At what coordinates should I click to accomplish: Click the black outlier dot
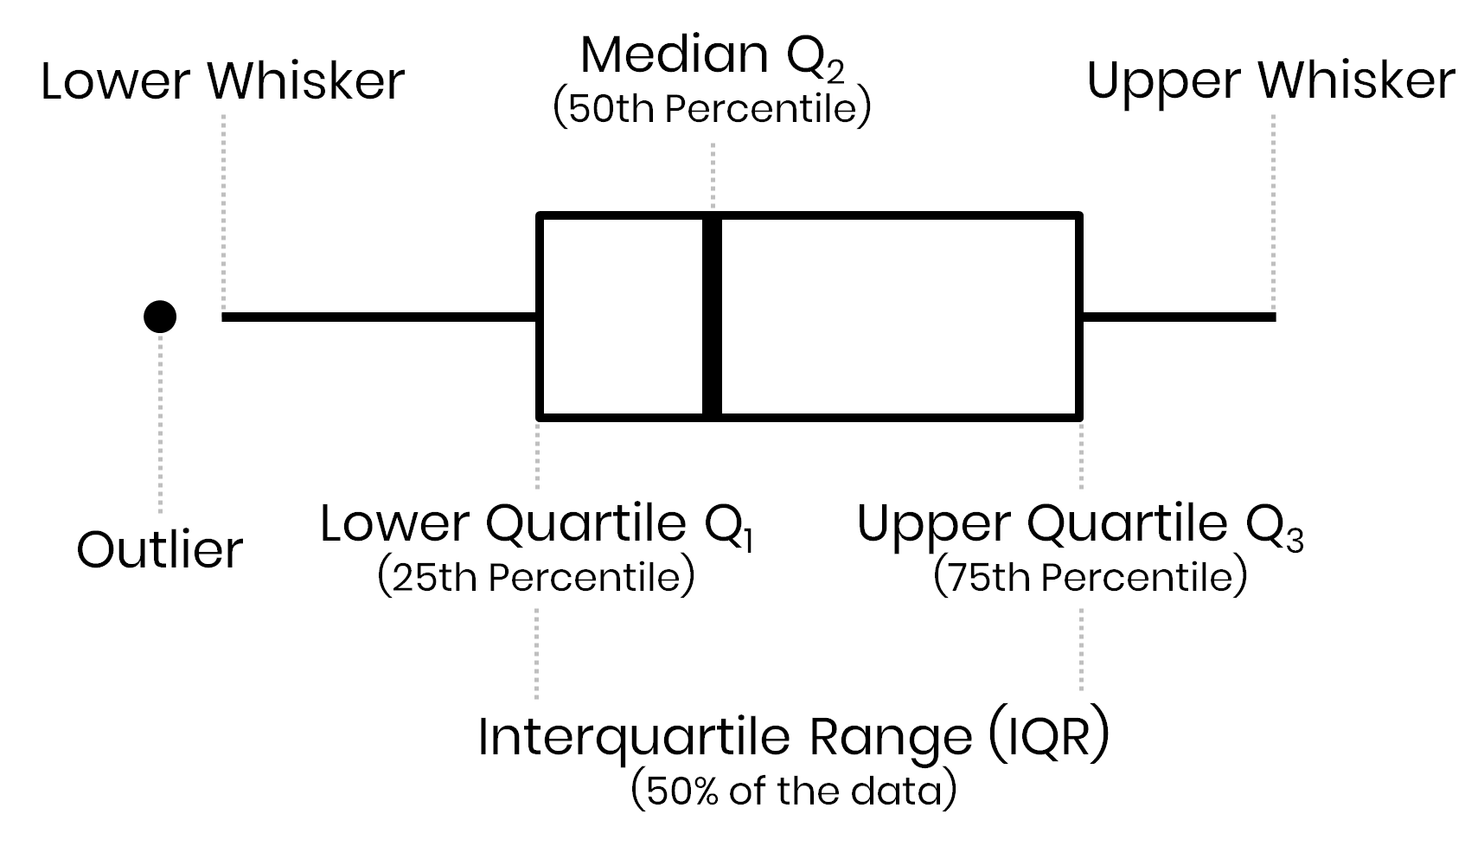pos(160,317)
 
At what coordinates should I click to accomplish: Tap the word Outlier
pos(160,550)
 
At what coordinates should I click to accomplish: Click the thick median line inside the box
pos(713,317)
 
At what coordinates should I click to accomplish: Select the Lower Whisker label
pos(222,81)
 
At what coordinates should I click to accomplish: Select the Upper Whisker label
pos(1270,81)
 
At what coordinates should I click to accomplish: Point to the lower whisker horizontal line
pos(379,317)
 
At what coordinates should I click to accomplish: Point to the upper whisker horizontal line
pos(1178,317)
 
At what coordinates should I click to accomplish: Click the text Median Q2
pos(712,55)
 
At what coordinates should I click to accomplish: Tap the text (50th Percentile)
pos(712,110)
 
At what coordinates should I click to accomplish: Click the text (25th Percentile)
pos(536,578)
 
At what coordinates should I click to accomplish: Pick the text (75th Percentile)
pos(1091,578)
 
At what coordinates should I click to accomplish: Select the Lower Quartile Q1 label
pos(536,524)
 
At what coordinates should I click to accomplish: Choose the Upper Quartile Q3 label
pos(1079,524)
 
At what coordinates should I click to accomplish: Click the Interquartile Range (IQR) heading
pos(793,737)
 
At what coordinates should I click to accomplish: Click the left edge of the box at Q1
pos(540,317)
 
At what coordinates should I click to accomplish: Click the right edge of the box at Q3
pos(1080,317)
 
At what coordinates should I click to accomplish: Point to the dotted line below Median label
pos(713,173)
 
